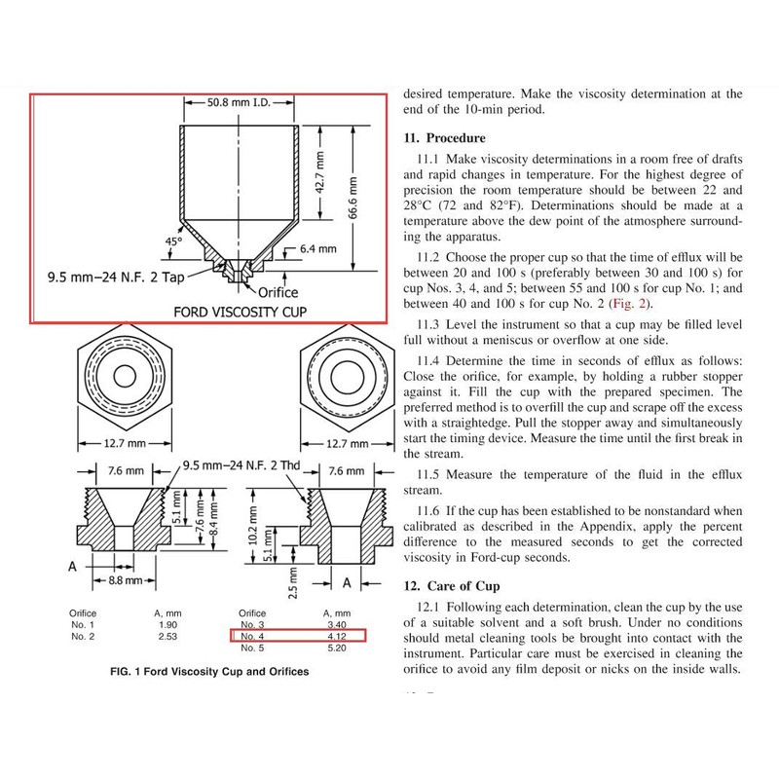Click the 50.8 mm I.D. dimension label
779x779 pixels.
tap(239, 103)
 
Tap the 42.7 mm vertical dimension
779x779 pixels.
tap(320, 172)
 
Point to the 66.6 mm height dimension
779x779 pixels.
tap(352, 198)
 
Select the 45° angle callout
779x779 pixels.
tap(174, 241)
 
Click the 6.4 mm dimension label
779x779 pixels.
tap(318, 249)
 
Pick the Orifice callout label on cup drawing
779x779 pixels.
tap(278, 293)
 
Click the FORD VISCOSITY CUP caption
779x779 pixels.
tap(240, 312)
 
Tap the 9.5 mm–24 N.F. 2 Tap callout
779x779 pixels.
tap(116, 277)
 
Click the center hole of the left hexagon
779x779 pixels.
tap(125, 376)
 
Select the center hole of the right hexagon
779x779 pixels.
tap(348, 376)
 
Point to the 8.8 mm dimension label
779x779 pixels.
tap(126, 580)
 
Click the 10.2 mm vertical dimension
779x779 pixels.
tap(253, 526)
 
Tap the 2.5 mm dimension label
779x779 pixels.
tap(293, 583)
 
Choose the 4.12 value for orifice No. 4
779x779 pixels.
tap(337, 637)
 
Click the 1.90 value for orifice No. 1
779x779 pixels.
tap(167, 625)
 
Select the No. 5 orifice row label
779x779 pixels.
tap(252, 648)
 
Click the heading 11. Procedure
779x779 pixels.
tap(444, 137)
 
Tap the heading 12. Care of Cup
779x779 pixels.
tap(451, 586)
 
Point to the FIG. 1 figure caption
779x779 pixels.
tap(209, 672)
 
